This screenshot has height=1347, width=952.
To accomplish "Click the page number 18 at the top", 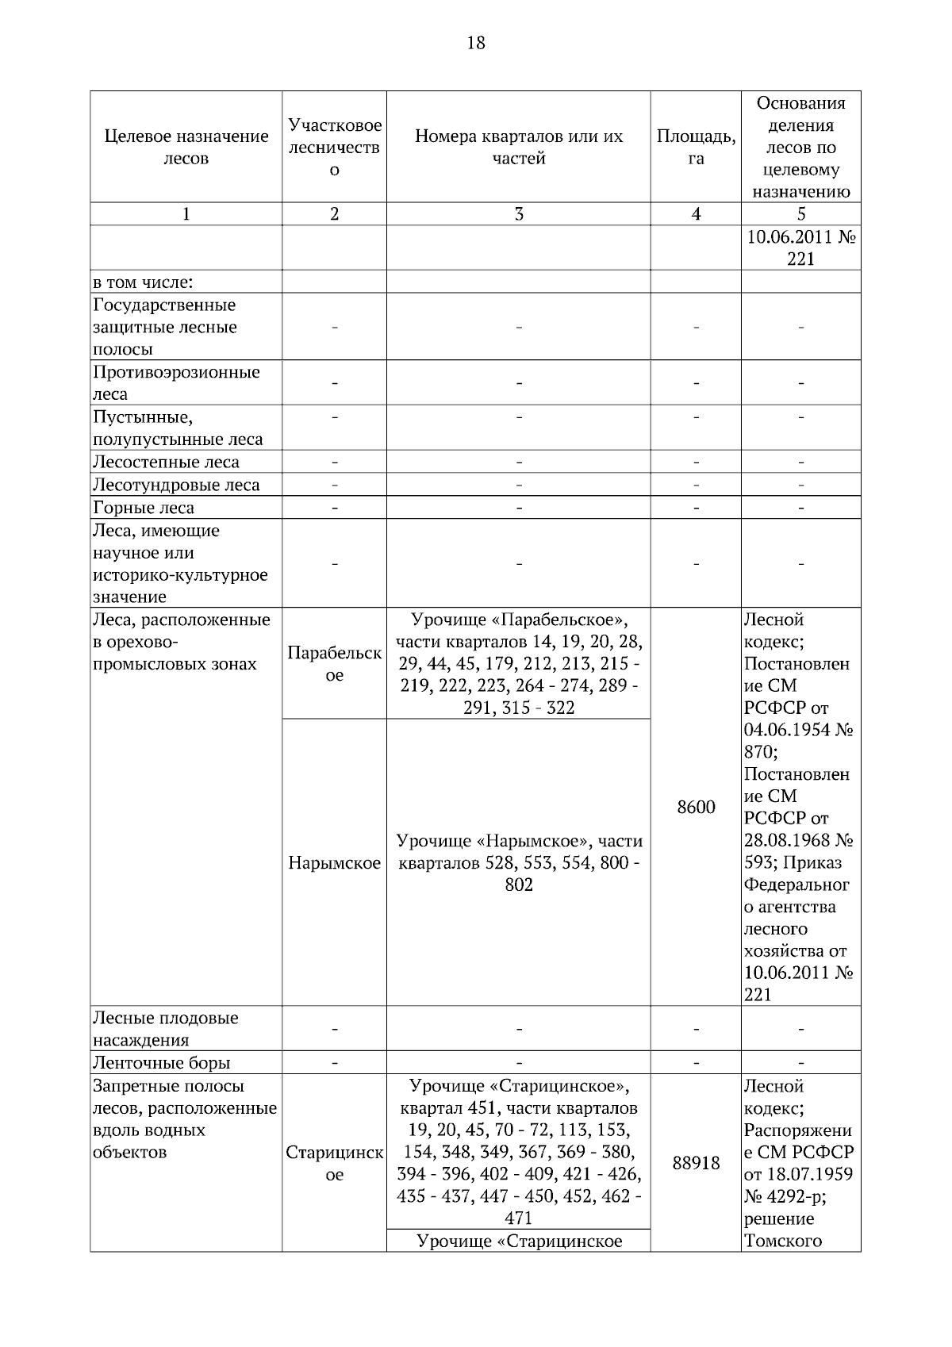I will [x=475, y=43].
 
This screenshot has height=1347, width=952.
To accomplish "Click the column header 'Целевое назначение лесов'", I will [x=186, y=147].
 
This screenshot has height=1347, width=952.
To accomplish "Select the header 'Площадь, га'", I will [x=696, y=147].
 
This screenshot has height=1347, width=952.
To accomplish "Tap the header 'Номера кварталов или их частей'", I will [x=519, y=147].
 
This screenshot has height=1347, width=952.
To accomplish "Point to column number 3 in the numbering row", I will [x=519, y=213].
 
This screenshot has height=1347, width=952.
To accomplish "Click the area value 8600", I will [x=696, y=807].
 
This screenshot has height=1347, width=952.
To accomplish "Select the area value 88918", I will [x=696, y=1163].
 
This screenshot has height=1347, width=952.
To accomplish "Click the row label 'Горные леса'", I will [x=144, y=508].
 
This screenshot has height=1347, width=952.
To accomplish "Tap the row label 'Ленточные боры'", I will [x=162, y=1062].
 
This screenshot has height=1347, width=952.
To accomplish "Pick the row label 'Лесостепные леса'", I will [x=166, y=462].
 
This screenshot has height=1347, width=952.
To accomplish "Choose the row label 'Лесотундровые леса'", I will [x=176, y=485].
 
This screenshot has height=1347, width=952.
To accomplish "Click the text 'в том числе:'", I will [x=144, y=282].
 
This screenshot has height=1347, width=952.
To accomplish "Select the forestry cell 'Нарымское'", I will [x=334, y=863].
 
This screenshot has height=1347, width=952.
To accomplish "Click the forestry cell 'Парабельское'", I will [x=334, y=663].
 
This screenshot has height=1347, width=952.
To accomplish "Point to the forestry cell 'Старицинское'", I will [x=334, y=1163].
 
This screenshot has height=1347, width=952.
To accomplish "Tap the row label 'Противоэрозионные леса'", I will [x=176, y=382].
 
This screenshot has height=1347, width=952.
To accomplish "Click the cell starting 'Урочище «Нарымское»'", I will [x=519, y=862].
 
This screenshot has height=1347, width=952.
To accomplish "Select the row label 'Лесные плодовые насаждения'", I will [x=165, y=1028].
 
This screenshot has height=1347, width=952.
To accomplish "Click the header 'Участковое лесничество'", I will [x=334, y=147].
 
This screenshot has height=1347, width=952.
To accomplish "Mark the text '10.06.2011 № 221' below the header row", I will [x=800, y=248].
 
